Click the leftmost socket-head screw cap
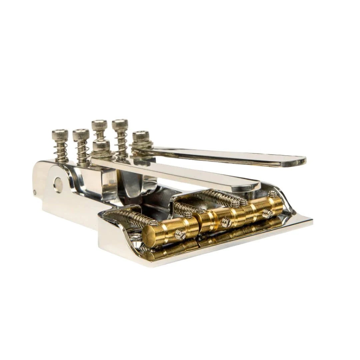click(x=60, y=135)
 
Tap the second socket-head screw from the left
click(x=81, y=134)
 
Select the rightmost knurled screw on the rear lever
click(x=141, y=136)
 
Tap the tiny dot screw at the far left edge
click(x=35, y=192)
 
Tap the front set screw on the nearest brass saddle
click(x=180, y=234)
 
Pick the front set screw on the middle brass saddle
click(x=226, y=221)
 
